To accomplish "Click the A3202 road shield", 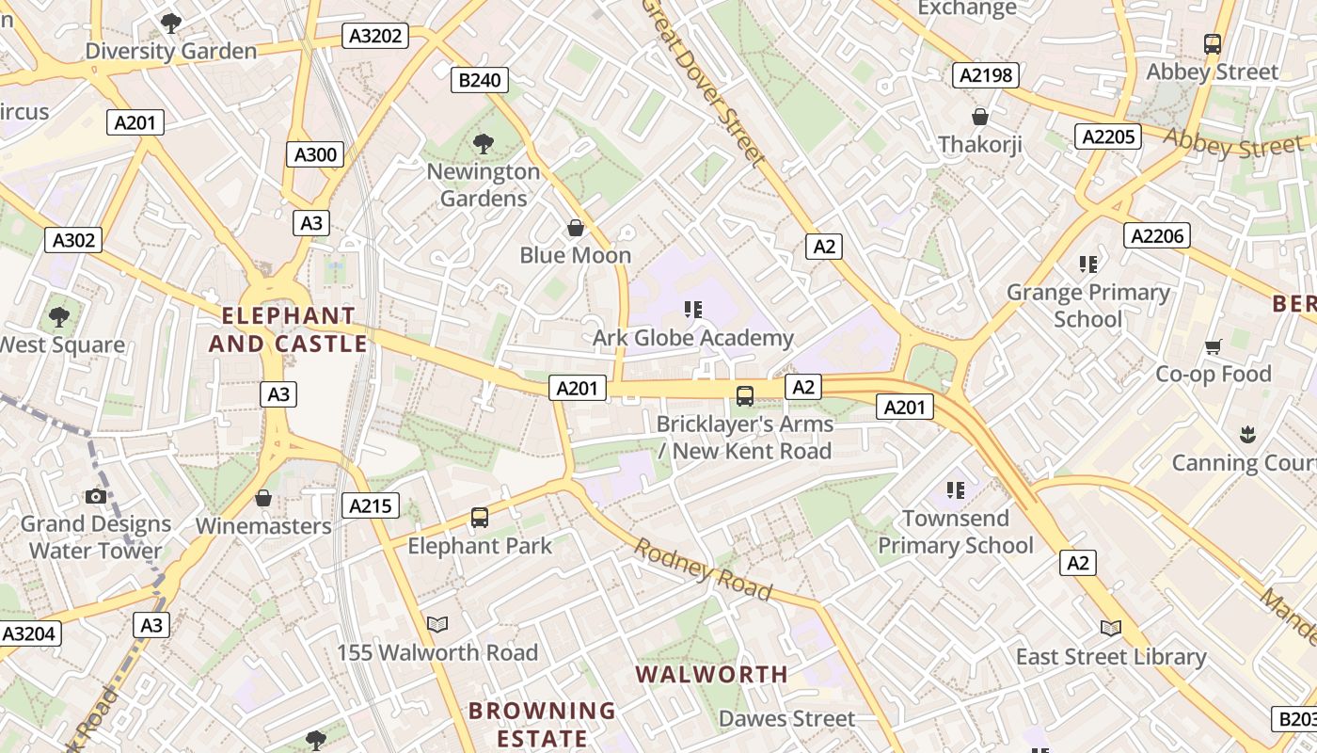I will [x=375, y=37].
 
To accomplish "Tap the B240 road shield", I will [x=479, y=80].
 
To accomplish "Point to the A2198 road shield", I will [x=986, y=75].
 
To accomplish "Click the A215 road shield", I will [x=370, y=505].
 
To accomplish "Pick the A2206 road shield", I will [x=1157, y=235].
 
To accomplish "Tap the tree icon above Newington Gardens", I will [x=484, y=144].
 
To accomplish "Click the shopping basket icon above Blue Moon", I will [x=576, y=228].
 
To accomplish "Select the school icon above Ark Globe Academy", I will [x=694, y=310].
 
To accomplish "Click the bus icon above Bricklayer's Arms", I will [x=745, y=396].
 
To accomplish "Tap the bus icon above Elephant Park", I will [x=480, y=518].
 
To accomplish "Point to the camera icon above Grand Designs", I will [x=95, y=496].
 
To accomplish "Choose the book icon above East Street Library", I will [x=1111, y=628].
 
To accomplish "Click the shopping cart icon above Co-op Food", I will [x=1214, y=346].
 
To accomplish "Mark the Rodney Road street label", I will [x=704, y=569].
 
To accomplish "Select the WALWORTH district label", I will [x=712, y=674].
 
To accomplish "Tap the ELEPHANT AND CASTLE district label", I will [x=287, y=329].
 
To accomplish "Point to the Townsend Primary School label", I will [x=956, y=532].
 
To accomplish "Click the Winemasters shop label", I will [x=263, y=526].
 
